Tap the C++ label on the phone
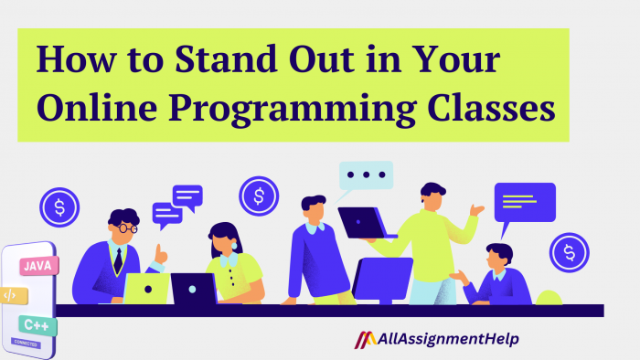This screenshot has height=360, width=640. pyautogui.click(x=37, y=324)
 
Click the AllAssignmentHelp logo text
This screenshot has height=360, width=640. pyautogui.click(x=449, y=339)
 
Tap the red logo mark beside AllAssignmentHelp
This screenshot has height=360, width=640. pyautogui.click(x=365, y=339)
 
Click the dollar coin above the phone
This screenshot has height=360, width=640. pyautogui.click(x=59, y=206)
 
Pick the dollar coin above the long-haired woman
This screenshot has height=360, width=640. pyautogui.click(x=259, y=196)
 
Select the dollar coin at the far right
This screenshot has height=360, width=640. pyautogui.click(x=570, y=251)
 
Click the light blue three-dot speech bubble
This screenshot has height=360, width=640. pyautogui.click(x=366, y=175)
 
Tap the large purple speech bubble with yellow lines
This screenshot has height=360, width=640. pyautogui.click(x=525, y=202)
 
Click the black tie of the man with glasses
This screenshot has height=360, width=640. pyautogui.click(x=117, y=259)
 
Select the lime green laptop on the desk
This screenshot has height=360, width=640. pyautogui.click(x=146, y=288)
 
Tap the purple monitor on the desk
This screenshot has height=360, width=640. pyautogui.click(x=382, y=279)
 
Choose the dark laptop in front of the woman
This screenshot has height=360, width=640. pyautogui.click(x=194, y=289)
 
